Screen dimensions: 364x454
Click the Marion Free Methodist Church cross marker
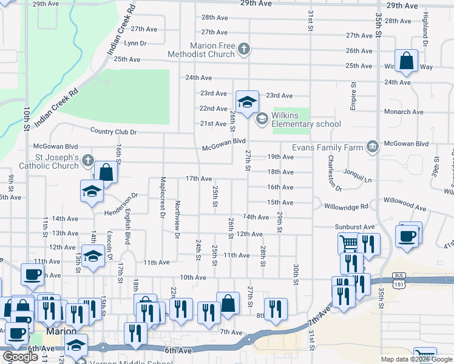coord(244,49)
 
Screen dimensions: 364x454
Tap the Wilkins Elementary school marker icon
coord(262,118)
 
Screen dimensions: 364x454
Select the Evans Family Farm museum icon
coord(372,146)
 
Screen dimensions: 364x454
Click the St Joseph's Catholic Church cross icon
coord(88,161)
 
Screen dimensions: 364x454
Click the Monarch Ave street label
coord(404,112)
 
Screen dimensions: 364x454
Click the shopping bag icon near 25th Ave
coord(407,60)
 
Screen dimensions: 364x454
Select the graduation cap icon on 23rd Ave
coord(247,101)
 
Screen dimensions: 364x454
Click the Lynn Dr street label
coord(135,43)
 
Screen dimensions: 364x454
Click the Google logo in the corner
coord(20,356)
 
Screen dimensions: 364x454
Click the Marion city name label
coord(61,332)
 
